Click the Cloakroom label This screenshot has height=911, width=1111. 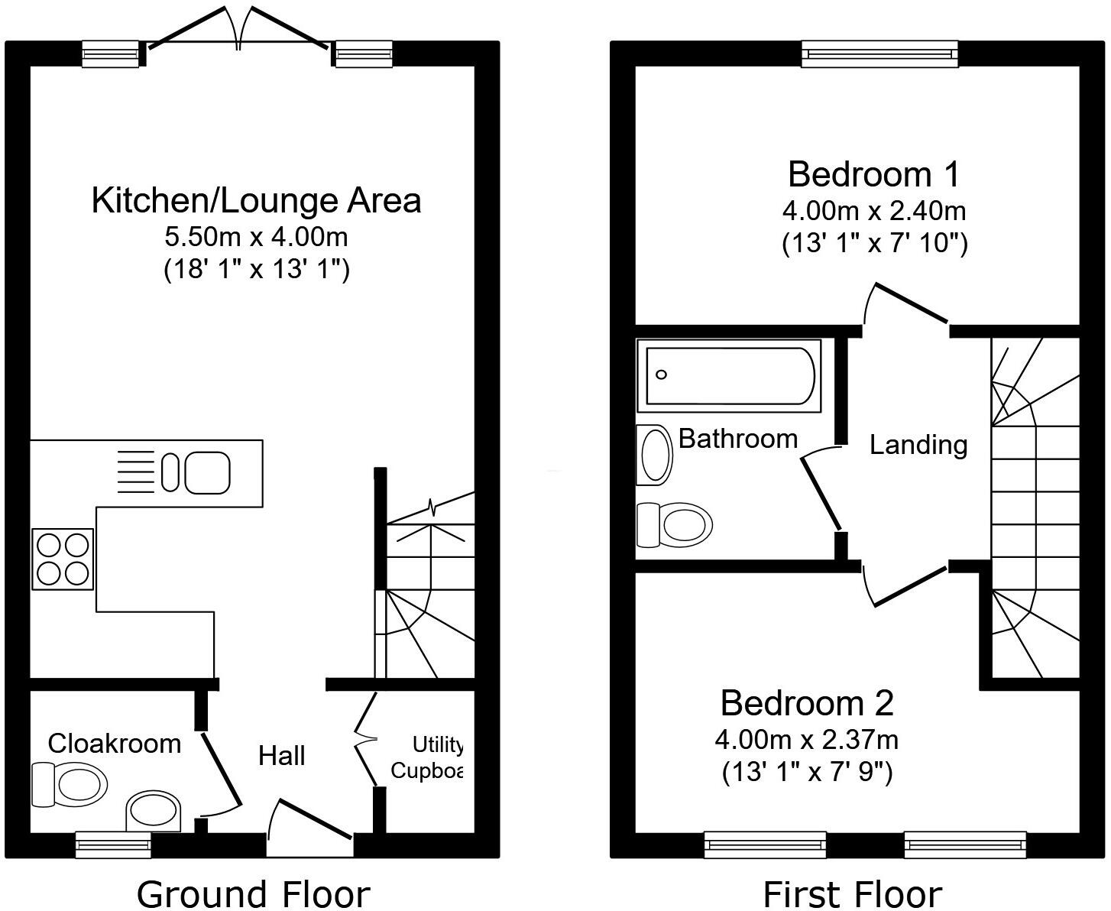115,743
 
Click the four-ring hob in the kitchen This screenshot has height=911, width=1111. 63,558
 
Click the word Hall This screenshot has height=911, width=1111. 282,756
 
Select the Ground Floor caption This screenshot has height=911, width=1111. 253,893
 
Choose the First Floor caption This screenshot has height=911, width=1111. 853,893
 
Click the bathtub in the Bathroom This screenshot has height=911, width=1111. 730,374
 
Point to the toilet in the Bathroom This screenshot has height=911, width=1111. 675,525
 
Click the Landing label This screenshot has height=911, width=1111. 918,444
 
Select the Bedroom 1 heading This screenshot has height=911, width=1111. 874,173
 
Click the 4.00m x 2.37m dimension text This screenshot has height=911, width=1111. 807,740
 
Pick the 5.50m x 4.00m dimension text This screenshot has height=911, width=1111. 256,237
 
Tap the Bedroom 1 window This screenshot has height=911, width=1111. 879,53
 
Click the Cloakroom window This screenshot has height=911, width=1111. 114,845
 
